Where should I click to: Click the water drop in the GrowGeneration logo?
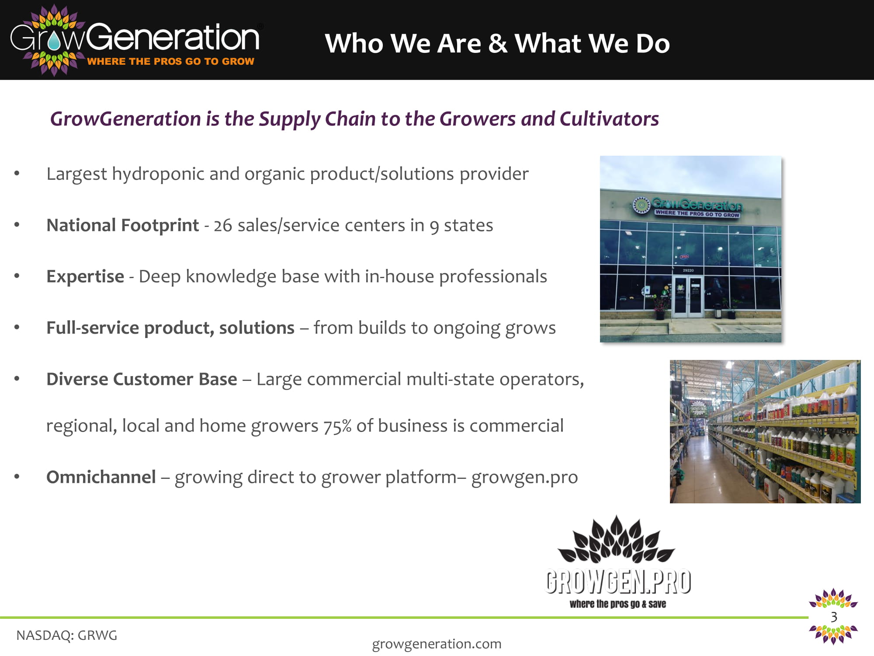[x=54, y=42]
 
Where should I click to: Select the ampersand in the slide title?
[x=498, y=44]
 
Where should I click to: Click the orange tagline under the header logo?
[x=170, y=61]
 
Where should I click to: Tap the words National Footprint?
[x=122, y=225]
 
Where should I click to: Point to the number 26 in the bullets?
[x=222, y=226]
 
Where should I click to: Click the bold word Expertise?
[x=85, y=277]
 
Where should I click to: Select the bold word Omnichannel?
[x=101, y=477]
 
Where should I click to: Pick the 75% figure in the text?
[x=337, y=426]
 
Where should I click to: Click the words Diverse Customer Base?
[x=142, y=379]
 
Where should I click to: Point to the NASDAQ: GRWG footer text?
[x=67, y=635]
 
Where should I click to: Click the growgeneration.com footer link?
[x=437, y=644]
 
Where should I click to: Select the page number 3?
[x=834, y=617]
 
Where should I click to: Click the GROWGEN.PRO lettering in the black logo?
[x=618, y=582]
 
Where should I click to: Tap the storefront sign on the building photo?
[x=688, y=207]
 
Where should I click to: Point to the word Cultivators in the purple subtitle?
[x=609, y=119]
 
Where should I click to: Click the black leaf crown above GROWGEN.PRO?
[x=616, y=540]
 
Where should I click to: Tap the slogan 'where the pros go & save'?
[x=618, y=604]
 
